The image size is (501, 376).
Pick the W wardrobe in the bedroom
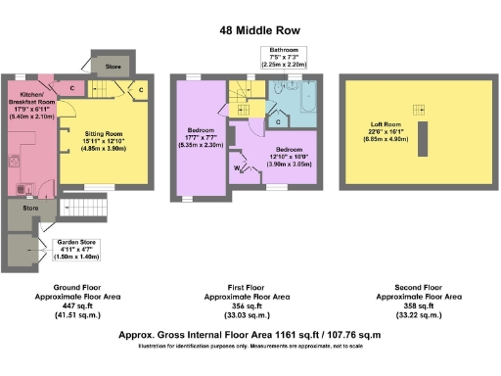[240, 168]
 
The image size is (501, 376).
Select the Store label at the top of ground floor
[114, 67]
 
